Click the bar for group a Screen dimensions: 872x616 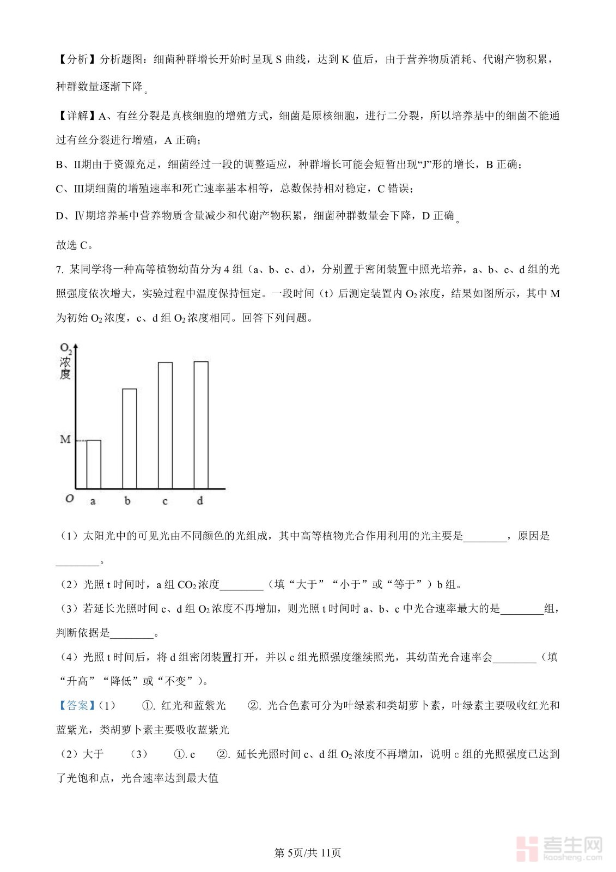(x=94, y=464)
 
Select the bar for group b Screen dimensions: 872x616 (x=129, y=438)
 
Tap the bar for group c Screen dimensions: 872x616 (x=165, y=425)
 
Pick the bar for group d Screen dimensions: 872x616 (x=201, y=425)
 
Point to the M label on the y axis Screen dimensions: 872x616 (x=65, y=439)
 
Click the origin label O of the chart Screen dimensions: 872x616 (x=69, y=499)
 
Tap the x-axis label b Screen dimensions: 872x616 (x=127, y=500)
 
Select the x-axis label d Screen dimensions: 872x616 (x=200, y=500)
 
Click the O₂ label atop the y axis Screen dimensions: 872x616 (x=65, y=348)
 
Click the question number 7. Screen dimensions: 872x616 (x=60, y=269)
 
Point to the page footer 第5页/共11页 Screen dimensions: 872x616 (x=308, y=853)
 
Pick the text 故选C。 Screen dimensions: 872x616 (x=75, y=245)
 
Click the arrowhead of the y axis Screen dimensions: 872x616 (x=76, y=347)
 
